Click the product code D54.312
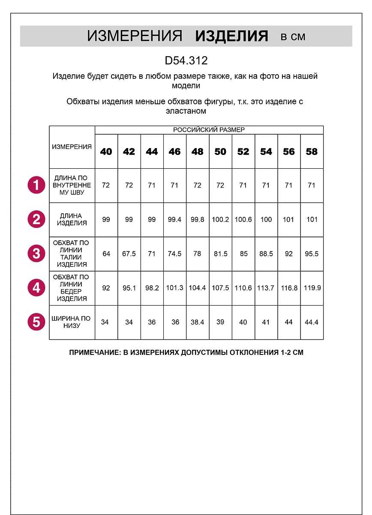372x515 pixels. click(x=186, y=61)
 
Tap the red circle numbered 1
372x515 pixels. click(x=36, y=185)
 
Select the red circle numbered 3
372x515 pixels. click(x=36, y=254)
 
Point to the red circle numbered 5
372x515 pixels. click(x=36, y=322)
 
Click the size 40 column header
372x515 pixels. click(x=106, y=151)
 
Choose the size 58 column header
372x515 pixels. click(x=312, y=151)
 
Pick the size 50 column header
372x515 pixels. click(x=220, y=151)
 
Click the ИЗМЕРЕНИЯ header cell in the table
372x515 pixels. click(x=72, y=147)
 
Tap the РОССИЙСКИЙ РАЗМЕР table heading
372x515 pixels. click(x=209, y=130)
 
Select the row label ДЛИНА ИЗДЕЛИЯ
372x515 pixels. click(x=72, y=219)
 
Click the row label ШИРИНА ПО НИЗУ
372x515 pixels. click(x=71, y=322)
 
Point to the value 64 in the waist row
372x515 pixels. click(x=106, y=254)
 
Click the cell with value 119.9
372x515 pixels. click(x=312, y=288)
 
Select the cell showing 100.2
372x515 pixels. click(x=220, y=219)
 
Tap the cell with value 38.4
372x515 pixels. click(x=198, y=322)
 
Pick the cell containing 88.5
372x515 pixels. click(x=266, y=254)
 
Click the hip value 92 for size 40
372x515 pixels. click(x=106, y=288)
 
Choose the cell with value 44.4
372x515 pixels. click(x=312, y=322)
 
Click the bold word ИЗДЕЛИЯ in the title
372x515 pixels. click(x=231, y=36)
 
